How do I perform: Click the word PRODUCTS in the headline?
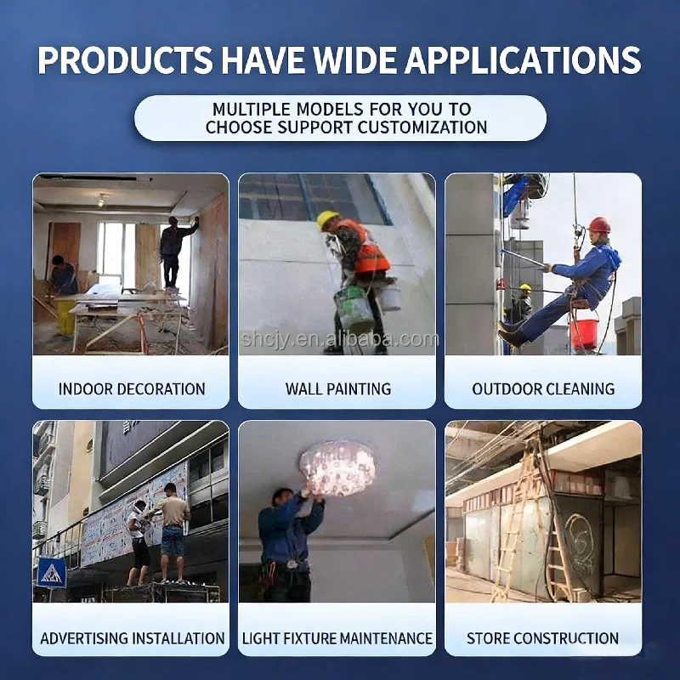point(125,59)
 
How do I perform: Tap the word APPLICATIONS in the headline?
point(523,59)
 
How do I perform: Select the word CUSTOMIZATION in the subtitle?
point(422,127)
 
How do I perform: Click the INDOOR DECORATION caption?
point(132,389)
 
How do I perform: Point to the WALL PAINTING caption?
point(338,389)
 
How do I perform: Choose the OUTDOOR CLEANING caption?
point(543,389)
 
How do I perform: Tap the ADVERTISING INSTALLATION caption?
point(133,638)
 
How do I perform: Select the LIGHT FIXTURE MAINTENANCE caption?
point(337,638)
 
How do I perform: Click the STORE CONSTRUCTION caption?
point(542,638)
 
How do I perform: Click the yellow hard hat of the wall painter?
point(327,219)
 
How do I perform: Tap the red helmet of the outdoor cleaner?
point(599,225)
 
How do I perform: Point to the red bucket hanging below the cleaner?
point(584,333)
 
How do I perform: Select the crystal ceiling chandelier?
point(338,467)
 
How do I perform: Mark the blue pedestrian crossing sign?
point(52,572)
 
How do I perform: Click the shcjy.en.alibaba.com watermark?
point(339,339)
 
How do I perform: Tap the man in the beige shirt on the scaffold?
point(173,532)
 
